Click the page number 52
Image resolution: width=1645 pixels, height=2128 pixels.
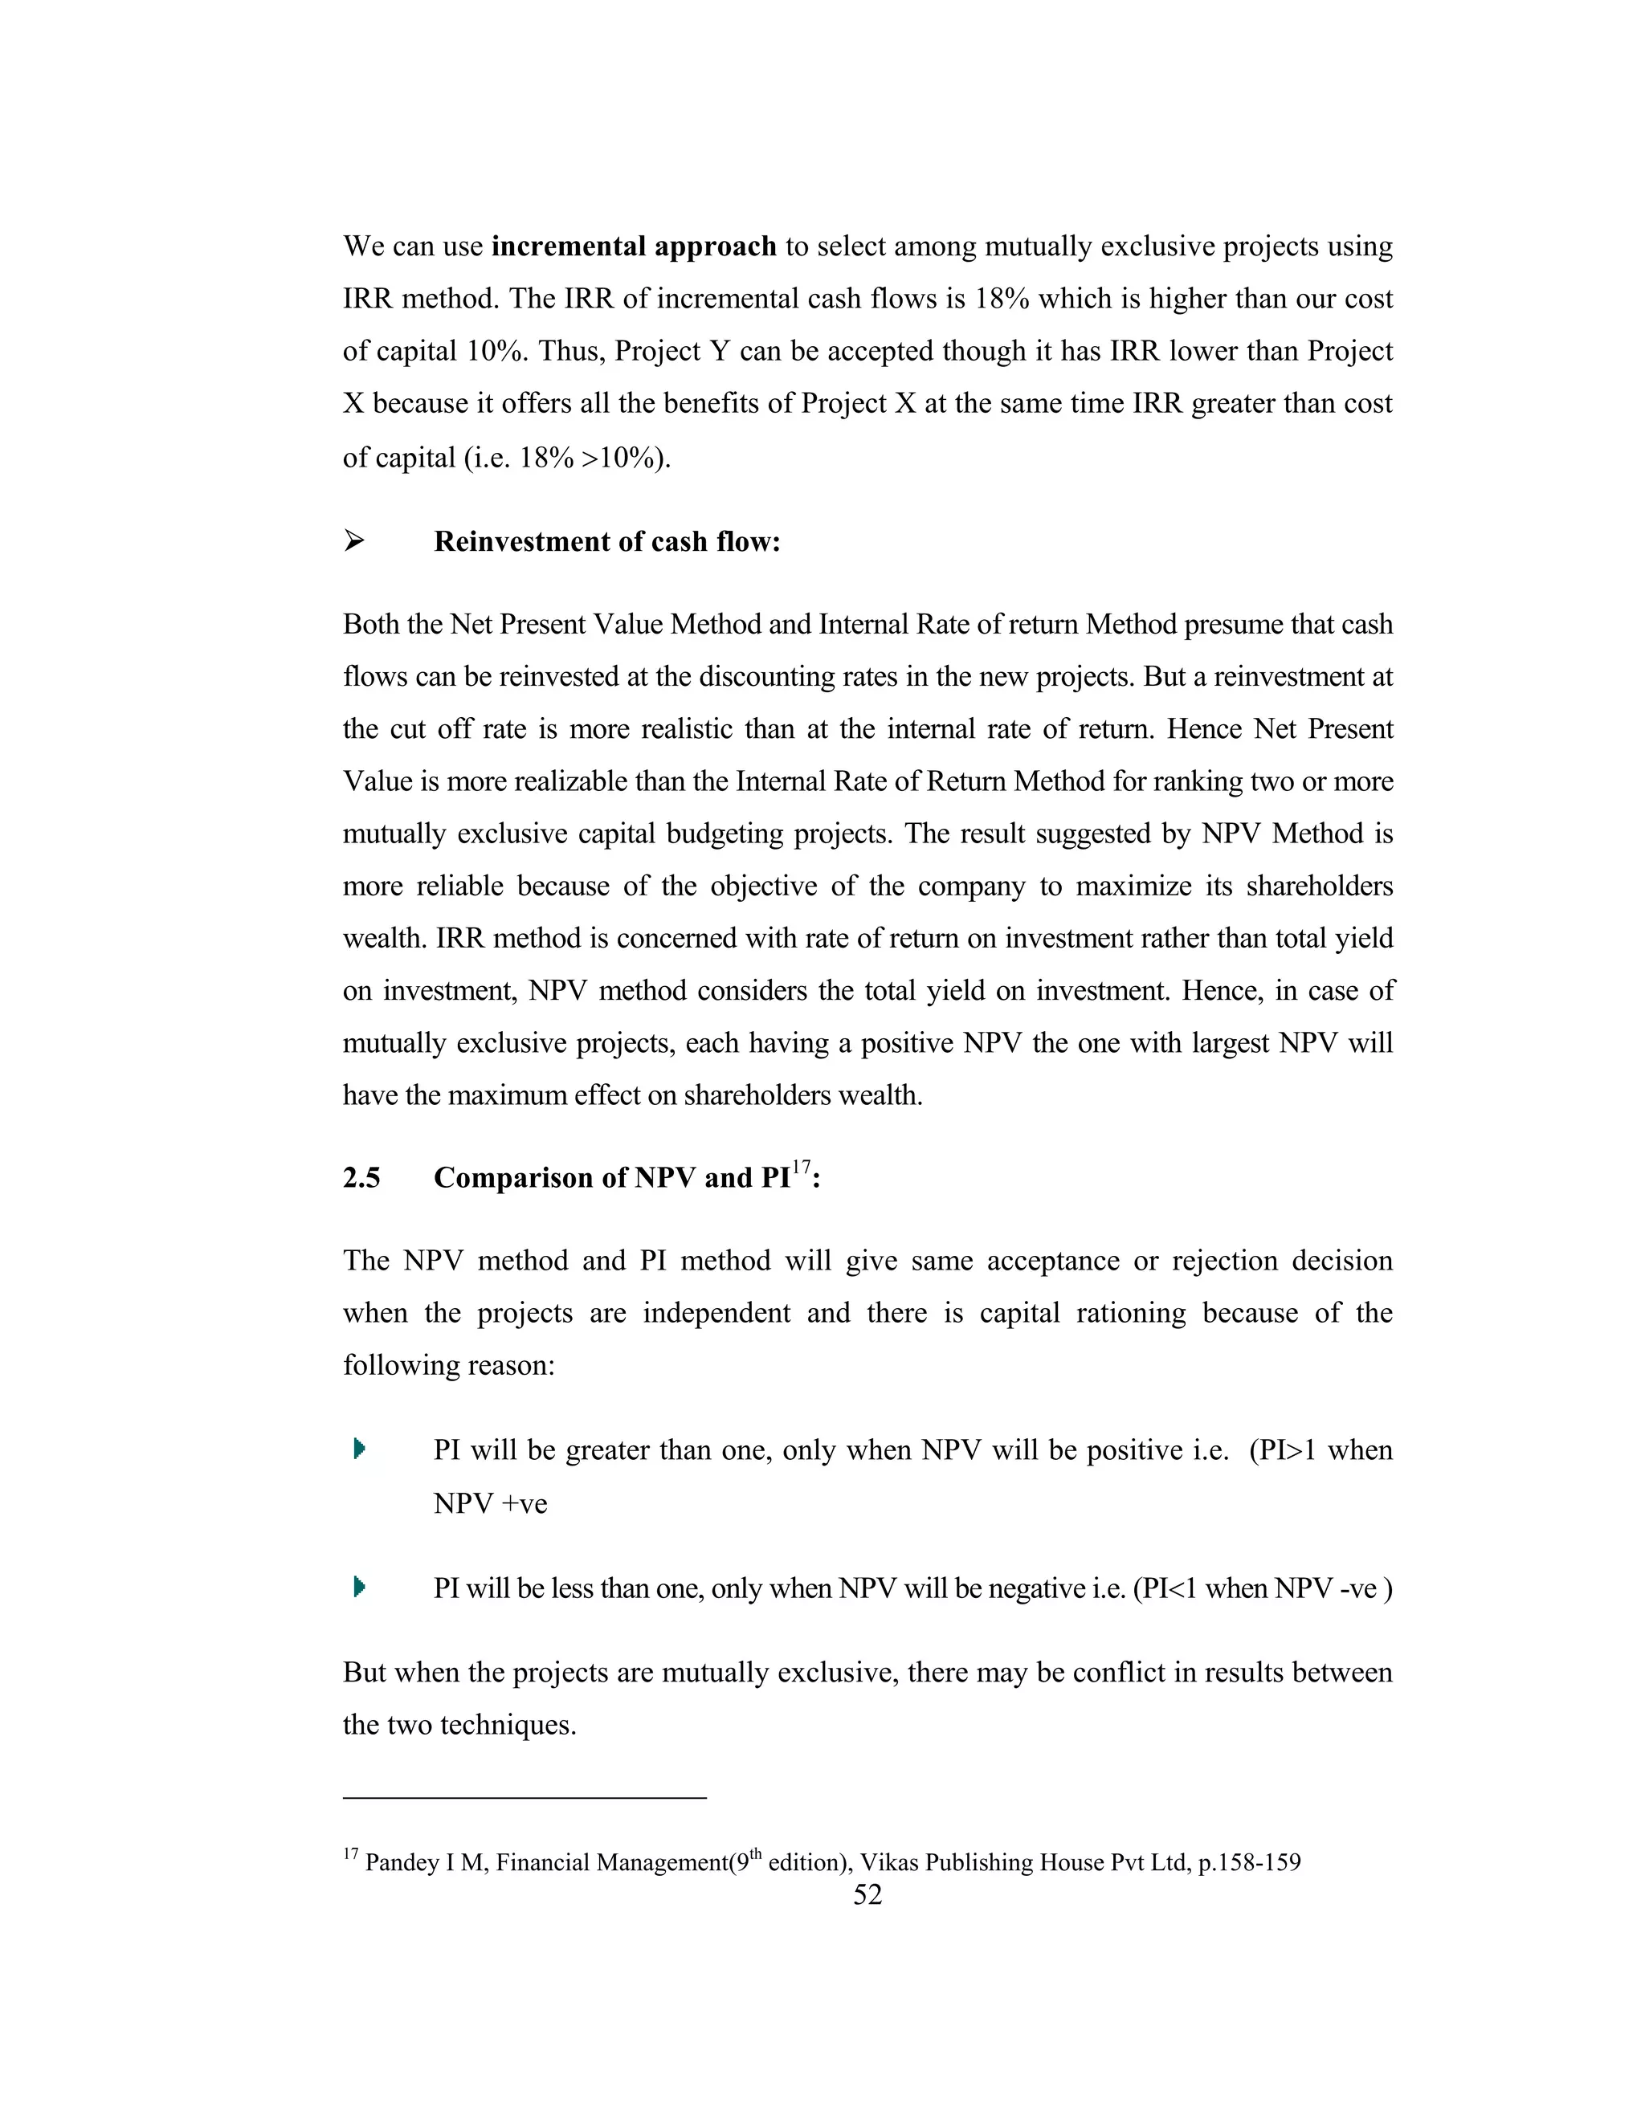tap(867, 1894)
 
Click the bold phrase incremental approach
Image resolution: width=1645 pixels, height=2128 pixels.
tap(634, 247)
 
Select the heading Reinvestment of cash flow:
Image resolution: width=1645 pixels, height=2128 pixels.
tap(607, 542)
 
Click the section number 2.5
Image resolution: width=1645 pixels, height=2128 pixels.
tap(361, 1178)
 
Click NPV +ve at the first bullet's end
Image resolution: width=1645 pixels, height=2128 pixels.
tap(490, 1504)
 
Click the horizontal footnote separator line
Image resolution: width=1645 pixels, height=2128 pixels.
tap(525, 1798)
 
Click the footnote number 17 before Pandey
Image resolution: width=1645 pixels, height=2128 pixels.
tap(351, 1854)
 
